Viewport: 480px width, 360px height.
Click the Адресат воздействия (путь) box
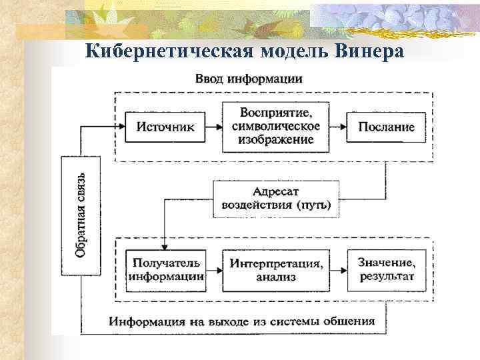276,199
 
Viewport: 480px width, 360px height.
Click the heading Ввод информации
249,78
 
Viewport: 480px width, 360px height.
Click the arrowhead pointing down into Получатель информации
164,242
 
